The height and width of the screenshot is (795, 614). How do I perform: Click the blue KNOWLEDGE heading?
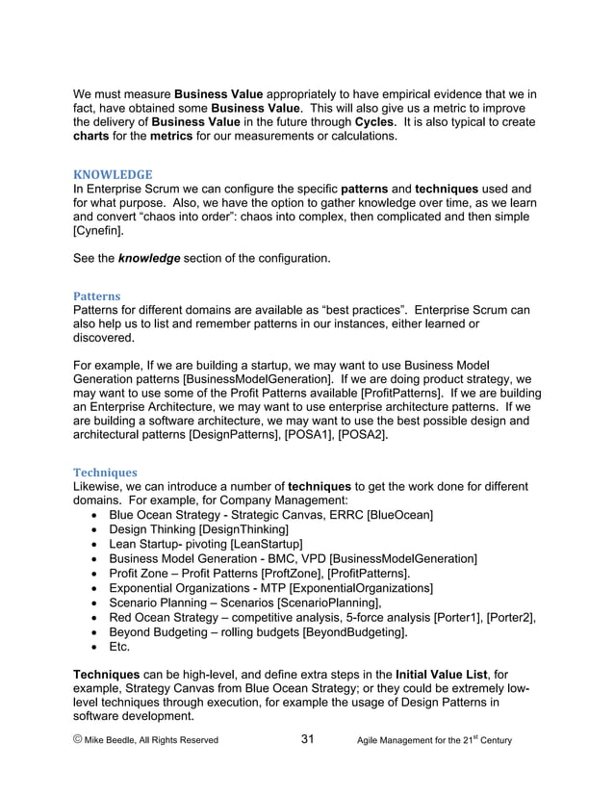pos(113,174)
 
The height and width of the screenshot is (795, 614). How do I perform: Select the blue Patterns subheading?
pos(96,296)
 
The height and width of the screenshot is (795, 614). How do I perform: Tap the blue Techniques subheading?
pos(105,473)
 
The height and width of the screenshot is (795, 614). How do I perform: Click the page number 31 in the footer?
pos(308,739)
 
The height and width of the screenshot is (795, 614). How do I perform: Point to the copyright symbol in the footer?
pos(79,740)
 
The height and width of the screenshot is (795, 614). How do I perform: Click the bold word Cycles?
pos(373,122)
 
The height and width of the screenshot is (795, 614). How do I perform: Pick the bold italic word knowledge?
pos(148,260)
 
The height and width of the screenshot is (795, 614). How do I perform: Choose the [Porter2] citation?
pos(506,617)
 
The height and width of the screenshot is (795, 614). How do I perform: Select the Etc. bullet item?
pos(118,647)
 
